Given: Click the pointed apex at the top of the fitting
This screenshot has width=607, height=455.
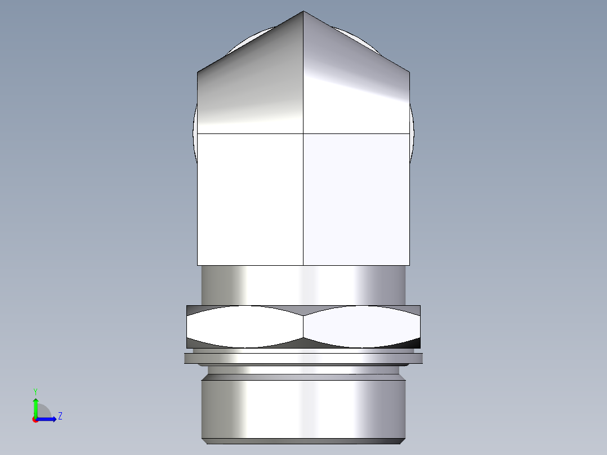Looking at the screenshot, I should click(303, 12).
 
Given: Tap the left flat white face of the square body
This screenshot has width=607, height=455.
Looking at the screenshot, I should click(251, 199).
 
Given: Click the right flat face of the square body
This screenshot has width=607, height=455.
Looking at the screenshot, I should click(356, 199).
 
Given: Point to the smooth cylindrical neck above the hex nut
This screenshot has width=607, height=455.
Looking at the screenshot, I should click(303, 285).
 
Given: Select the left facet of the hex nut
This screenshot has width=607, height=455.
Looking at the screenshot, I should click(245, 327).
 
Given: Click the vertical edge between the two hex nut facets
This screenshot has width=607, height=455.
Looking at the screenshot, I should click(303, 327).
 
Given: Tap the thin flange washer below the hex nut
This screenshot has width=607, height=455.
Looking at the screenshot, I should click(303, 358).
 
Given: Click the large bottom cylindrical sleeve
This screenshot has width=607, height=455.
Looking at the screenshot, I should click(303, 408).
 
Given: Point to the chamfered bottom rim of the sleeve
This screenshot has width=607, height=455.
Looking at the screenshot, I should click(303, 441).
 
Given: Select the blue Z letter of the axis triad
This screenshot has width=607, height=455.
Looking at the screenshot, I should click(60, 416).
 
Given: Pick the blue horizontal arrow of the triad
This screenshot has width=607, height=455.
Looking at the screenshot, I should click(47, 419).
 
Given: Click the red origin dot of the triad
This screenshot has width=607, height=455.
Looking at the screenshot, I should click(35, 419).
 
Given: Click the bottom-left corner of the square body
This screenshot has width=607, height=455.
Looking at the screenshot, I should click(198, 265).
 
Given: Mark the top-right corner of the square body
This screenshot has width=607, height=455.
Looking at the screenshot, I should click(409, 72).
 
